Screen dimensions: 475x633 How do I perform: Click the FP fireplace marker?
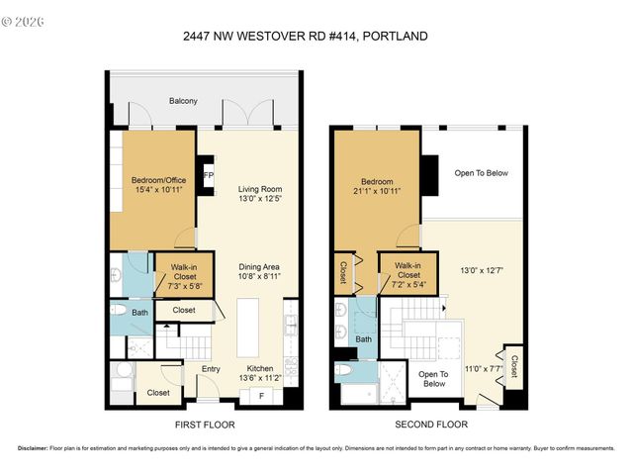point(208,175)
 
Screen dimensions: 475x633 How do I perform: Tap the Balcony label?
point(183,101)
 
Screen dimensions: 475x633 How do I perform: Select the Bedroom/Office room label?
point(151,180)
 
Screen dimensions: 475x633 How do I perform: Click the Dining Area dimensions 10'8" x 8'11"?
point(260,277)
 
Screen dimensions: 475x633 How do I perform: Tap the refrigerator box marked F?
point(261,396)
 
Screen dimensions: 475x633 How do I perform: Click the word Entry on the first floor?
point(211,369)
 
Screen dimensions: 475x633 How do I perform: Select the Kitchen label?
point(261,367)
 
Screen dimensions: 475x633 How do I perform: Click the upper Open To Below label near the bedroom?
point(481,173)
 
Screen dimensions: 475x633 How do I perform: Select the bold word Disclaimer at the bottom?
point(35,448)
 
